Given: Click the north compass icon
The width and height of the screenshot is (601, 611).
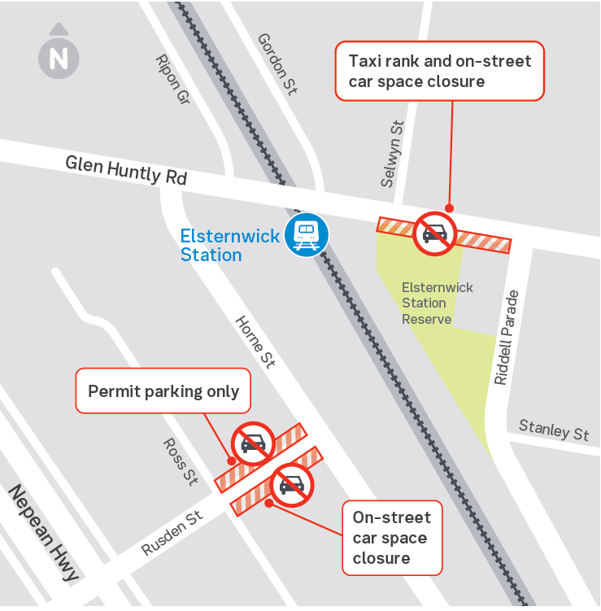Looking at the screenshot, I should click(x=59, y=58).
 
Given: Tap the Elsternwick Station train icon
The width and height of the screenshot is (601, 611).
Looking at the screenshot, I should click(x=307, y=236).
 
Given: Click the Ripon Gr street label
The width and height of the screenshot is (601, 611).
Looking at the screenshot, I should click(x=172, y=81).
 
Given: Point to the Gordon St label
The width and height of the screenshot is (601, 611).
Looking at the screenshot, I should click(x=277, y=64).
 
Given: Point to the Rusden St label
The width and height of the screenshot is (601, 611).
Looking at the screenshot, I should click(x=172, y=534).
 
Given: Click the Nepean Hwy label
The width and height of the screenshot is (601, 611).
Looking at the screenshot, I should click(x=44, y=533).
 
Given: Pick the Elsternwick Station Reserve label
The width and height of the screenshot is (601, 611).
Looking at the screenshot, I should click(x=438, y=303).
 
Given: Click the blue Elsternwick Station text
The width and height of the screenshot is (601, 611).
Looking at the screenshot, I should click(x=229, y=246).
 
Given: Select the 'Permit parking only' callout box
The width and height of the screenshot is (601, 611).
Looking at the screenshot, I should click(x=163, y=391).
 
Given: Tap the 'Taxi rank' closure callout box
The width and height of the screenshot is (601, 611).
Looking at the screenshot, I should click(x=439, y=71).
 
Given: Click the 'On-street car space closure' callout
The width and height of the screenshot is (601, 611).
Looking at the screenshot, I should click(x=391, y=538).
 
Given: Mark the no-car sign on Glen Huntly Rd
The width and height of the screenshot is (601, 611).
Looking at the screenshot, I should click(x=435, y=233).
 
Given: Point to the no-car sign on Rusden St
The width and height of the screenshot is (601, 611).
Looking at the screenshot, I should click(x=292, y=486).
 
